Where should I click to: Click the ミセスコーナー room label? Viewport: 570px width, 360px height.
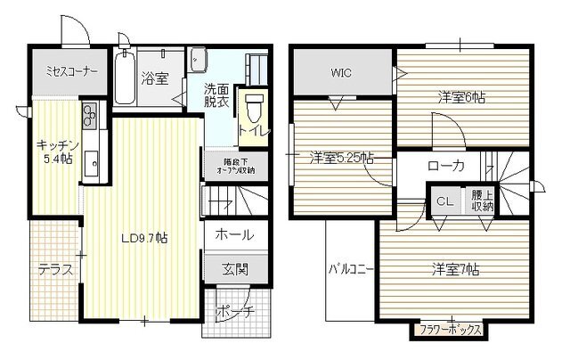[x=71, y=71]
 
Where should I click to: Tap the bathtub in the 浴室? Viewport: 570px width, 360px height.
[x=125, y=78]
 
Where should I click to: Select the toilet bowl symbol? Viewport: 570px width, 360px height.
[x=255, y=109]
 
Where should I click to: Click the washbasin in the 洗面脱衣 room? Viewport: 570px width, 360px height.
[x=199, y=60]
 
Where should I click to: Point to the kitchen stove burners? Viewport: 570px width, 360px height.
[x=89, y=116]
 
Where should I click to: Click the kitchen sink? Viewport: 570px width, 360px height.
[x=91, y=163]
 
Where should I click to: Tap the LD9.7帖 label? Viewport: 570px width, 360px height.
[x=144, y=238]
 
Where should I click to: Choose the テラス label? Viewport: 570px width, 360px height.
[x=55, y=270]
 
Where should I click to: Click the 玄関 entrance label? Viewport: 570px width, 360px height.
[x=235, y=269]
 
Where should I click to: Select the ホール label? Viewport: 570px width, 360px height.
[x=234, y=235]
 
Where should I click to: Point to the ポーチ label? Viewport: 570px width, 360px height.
[x=235, y=312]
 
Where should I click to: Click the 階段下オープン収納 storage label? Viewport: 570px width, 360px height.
[x=235, y=166]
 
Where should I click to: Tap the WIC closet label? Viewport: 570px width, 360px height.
[x=341, y=73]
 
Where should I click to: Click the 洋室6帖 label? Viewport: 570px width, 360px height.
[x=461, y=97]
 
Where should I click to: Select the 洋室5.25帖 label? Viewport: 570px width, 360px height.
[x=342, y=159]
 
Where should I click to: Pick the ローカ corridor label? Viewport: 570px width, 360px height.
[x=446, y=166]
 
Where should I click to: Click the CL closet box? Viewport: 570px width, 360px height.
[x=445, y=201]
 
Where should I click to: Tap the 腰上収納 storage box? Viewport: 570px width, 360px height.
[x=482, y=200]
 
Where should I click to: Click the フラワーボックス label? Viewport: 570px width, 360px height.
[x=450, y=331]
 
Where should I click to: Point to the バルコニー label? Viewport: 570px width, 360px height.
[x=351, y=269]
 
